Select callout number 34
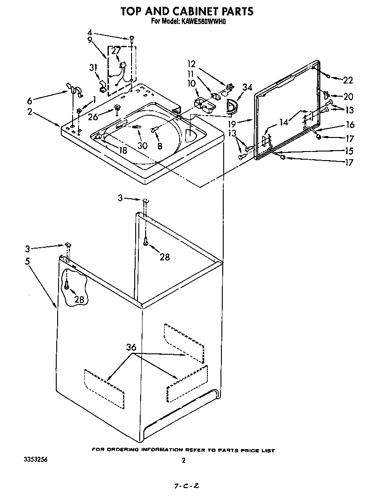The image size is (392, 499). pyautogui.click(x=247, y=87)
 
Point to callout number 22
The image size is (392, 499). pyautogui.click(x=348, y=80)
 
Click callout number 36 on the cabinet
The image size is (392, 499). pyautogui.click(x=131, y=347)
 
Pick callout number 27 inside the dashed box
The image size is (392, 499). pyautogui.click(x=116, y=51)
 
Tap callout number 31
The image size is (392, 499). pyautogui.click(x=93, y=68)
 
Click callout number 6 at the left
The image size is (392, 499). pyautogui.click(x=30, y=101)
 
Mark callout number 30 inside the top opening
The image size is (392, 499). pyautogui.click(x=142, y=146)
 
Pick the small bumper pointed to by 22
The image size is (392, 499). pyautogui.click(x=328, y=77)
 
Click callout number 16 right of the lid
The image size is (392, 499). pyautogui.click(x=350, y=125)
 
